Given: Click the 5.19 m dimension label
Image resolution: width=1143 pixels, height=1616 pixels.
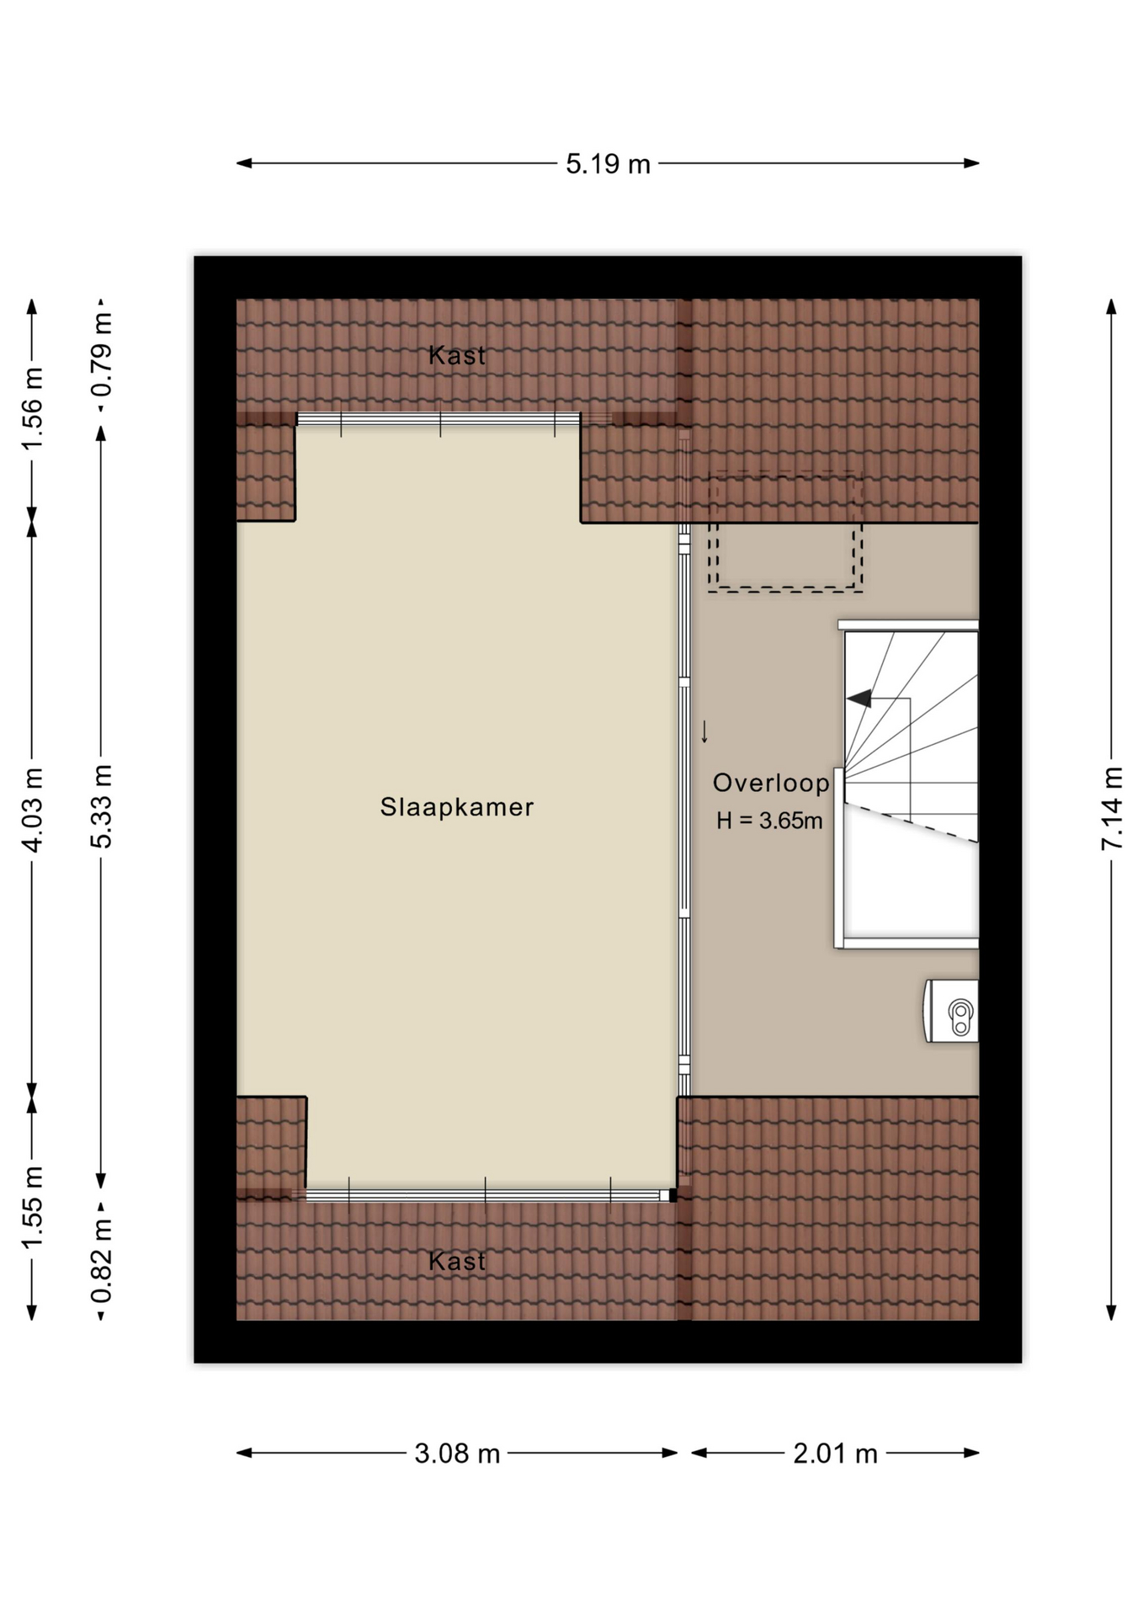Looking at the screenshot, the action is click(x=608, y=163).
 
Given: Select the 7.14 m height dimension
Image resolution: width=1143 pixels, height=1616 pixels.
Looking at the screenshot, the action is click(x=1112, y=809).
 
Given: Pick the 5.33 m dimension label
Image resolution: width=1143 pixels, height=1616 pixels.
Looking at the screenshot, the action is click(x=101, y=806).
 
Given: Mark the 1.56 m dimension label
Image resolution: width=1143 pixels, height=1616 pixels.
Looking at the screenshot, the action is click(x=32, y=409).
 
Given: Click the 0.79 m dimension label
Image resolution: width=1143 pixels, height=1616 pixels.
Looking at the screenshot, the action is click(x=101, y=354).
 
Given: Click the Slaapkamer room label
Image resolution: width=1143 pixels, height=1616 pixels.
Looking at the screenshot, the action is click(x=457, y=807).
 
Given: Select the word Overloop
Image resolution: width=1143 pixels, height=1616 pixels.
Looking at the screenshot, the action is click(x=771, y=783).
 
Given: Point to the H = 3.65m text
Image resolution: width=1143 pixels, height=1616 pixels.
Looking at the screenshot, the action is click(x=769, y=821).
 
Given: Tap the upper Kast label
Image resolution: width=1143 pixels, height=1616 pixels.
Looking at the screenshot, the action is click(x=457, y=355).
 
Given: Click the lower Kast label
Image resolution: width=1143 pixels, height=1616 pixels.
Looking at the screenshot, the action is click(x=457, y=1261).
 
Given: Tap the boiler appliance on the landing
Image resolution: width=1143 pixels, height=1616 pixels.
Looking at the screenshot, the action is click(x=952, y=1011).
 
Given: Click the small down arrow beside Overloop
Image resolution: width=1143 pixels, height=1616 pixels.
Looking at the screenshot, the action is click(x=704, y=731).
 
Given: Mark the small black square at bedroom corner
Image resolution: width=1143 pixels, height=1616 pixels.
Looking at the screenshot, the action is click(x=673, y=1195).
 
